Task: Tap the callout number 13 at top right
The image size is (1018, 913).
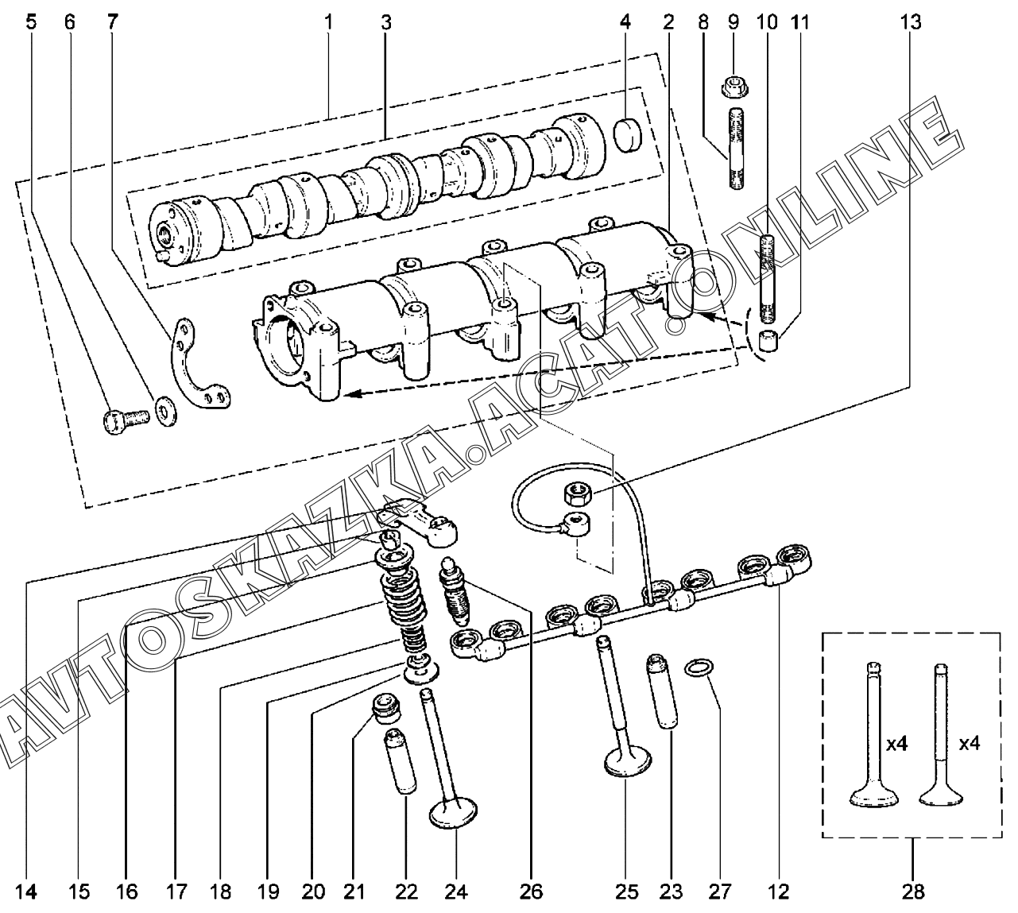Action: (911, 22)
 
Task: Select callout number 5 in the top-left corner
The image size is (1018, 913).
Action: (31, 22)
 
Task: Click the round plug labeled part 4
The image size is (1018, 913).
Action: (628, 135)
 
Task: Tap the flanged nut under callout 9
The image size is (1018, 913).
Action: (735, 87)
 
